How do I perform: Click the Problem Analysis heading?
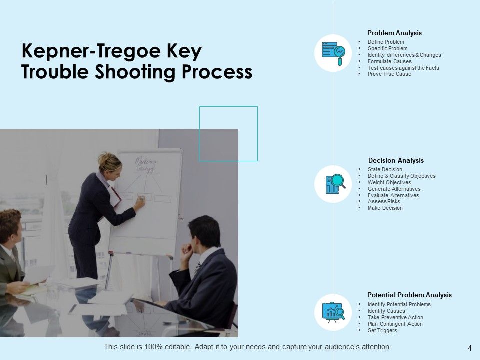pos(394,33)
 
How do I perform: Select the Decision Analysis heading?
pos(396,161)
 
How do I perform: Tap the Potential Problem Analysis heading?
pos(409,295)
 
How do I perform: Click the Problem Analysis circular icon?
pos(333,53)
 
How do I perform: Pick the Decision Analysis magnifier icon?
pos(333,184)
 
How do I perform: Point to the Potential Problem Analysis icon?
pos(333,312)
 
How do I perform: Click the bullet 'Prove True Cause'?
pos(389,74)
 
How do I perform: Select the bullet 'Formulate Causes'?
pos(389,61)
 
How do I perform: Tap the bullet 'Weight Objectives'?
pos(389,183)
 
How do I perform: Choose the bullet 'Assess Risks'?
pos(384,202)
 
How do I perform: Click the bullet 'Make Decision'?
pos(385,208)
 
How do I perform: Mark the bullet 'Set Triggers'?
pos(382,331)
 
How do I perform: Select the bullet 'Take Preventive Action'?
pos(395,318)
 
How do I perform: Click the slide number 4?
pos(469,348)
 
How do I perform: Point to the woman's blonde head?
pos(109,162)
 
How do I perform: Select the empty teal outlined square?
pos(228,133)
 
